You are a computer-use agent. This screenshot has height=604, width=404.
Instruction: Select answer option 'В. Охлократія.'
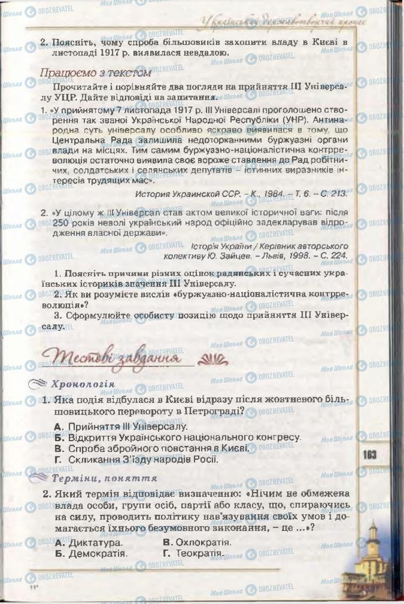point(196,541)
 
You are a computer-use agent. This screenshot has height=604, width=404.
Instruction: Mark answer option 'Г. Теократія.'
point(193,554)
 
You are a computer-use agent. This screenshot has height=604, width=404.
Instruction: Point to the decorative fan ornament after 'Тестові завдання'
point(211,358)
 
